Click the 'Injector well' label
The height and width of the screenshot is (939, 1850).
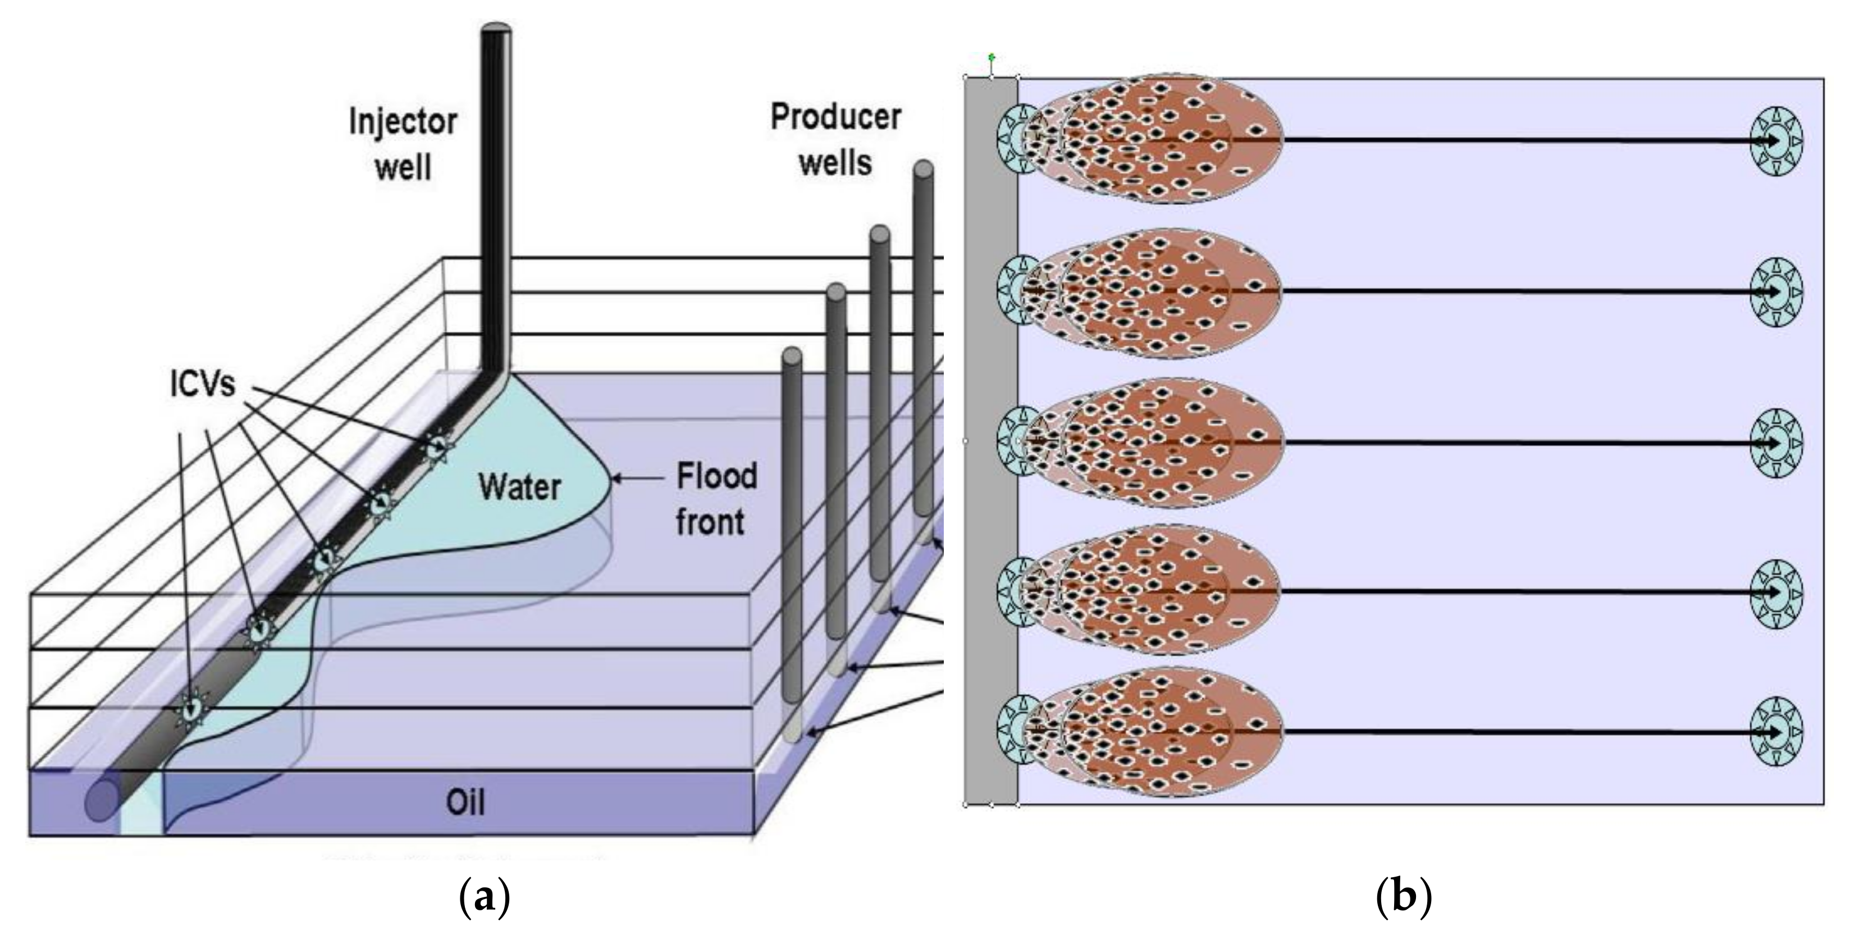pos(403,144)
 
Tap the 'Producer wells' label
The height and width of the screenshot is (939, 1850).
pos(835,140)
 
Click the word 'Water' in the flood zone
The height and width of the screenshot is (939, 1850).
pos(519,487)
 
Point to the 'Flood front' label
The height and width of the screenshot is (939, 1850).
pos(716,499)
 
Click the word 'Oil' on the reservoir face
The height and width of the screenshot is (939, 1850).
pos(465,803)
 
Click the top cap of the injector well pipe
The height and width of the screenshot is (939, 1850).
pos(496,28)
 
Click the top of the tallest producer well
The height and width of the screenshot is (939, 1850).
pos(924,169)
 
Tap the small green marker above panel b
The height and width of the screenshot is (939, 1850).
pos(992,56)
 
